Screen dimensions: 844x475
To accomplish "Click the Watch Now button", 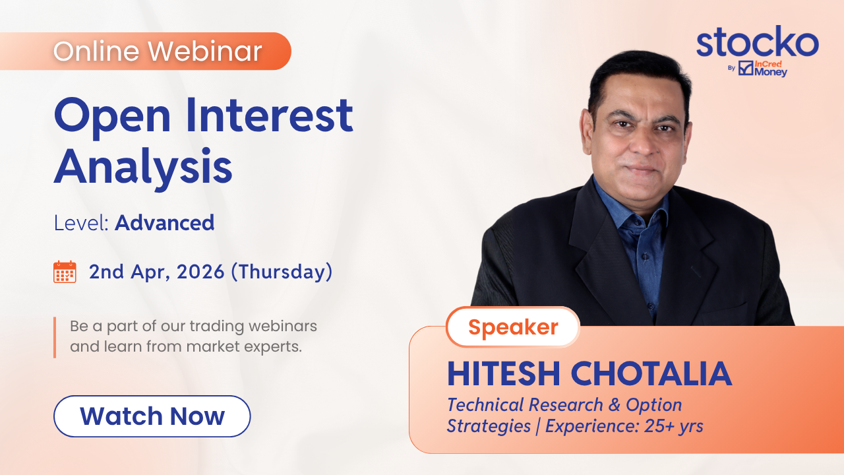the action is (152, 416).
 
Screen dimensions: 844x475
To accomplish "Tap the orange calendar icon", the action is (65, 272).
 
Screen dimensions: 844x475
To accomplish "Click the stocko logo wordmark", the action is (758, 42).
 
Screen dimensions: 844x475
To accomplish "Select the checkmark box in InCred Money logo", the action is (746, 68).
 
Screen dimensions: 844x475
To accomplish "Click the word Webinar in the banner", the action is (205, 51).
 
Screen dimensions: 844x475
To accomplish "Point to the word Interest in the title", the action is (270, 115).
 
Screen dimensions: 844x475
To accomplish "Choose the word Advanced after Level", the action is (165, 222).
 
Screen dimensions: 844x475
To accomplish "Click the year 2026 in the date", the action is (200, 272).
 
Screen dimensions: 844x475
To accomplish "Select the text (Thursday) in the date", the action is (282, 272).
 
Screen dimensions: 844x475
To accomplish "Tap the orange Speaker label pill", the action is (513, 327).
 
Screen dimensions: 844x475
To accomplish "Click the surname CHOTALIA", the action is (651, 373).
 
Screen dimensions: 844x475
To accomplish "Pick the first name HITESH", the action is (504, 373).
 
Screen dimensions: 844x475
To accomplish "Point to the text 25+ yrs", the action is (674, 426).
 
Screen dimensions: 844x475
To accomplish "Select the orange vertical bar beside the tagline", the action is (55, 337).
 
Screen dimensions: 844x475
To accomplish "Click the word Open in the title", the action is (112, 117).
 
